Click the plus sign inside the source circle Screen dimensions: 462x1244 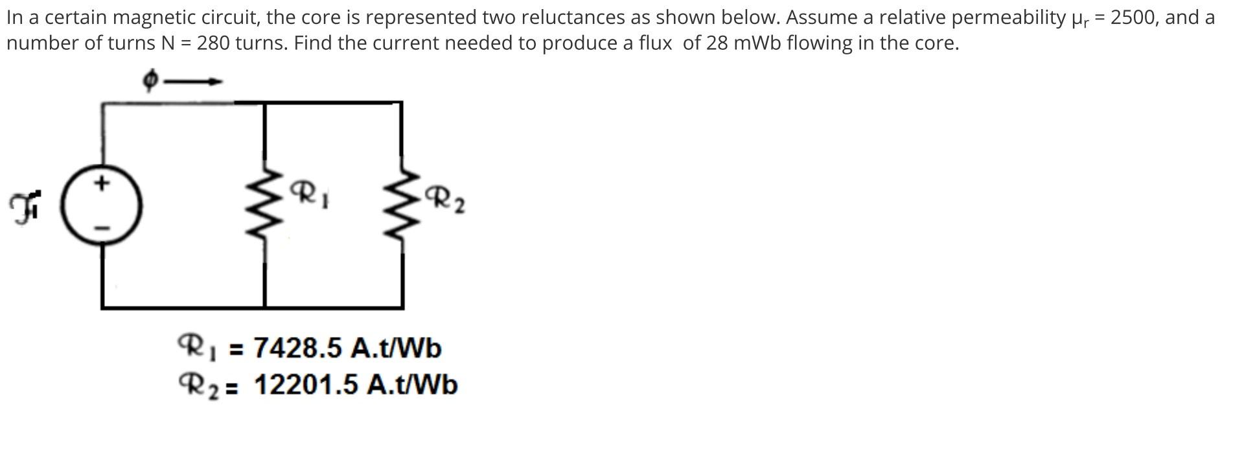click(x=100, y=183)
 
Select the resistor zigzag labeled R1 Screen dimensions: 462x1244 click(x=264, y=205)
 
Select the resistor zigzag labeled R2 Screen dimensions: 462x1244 click(x=402, y=205)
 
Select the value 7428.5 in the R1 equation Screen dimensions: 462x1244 click(x=297, y=348)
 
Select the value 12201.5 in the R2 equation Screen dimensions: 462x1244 click(x=306, y=385)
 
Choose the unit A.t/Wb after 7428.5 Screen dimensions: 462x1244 click(x=396, y=348)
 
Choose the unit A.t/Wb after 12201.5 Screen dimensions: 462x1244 click(x=412, y=385)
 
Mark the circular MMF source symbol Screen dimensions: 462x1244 click(x=102, y=205)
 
